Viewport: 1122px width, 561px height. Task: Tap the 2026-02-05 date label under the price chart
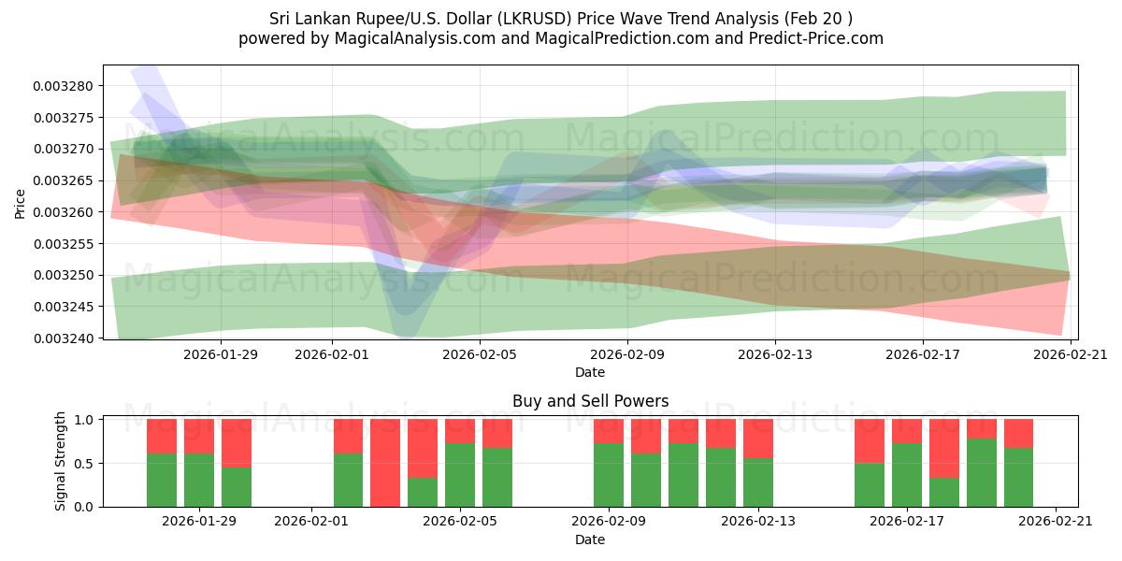pyautogui.click(x=480, y=354)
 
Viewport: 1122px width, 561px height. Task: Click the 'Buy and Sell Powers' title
pyautogui.click(x=590, y=401)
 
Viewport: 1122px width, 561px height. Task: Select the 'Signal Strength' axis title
pyautogui.click(x=61, y=462)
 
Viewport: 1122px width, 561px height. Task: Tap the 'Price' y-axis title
pyautogui.click(x=21, y=204)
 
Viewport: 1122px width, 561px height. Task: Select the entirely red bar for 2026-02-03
pyautogui.click(x=385, y=463)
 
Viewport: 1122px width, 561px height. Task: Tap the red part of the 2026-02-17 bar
pyautogui.click(x=907, y=431)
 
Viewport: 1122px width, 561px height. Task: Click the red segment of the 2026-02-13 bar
pyautogui.click(x=758, y=439)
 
